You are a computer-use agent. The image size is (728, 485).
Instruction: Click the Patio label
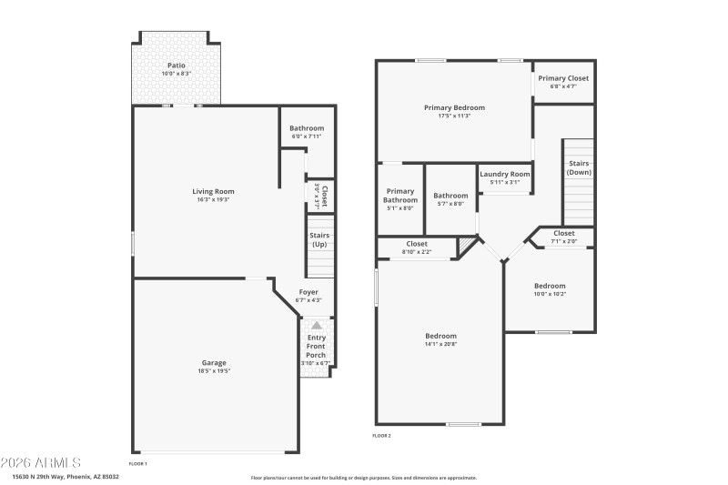[x=177, y=66]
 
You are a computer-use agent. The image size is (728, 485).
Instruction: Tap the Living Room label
[x=213, y=191]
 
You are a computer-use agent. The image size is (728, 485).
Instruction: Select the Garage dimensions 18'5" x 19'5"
[x=214, y=371]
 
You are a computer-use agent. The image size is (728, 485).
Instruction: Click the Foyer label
[x=308, y=292]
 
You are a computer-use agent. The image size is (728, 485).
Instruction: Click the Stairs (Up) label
[x=319, y=240]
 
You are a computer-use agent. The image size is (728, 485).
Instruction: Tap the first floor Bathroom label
[x=307, y=128]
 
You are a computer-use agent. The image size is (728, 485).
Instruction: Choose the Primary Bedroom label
[x=454, y=107]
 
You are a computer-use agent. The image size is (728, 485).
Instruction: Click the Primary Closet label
[x=563, y=78]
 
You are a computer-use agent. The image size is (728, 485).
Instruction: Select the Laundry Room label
[x=504, y=174]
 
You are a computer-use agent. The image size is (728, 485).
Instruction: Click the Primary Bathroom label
[x=399, y=196]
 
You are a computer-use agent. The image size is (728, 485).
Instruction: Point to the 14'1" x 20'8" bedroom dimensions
[x=440, y=344]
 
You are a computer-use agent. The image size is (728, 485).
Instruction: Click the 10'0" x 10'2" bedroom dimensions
[x=550, y=294]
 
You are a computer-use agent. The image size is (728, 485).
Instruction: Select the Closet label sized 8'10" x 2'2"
[x=417, y=244]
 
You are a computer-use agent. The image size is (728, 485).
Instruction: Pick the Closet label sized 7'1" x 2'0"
[x=564, y=234]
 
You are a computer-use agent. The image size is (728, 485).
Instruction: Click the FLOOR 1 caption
[x=138, y=464]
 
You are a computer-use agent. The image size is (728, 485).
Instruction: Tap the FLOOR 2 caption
[x=381, y=436]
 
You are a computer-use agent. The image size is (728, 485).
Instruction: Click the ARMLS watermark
[x=41, y=462]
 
